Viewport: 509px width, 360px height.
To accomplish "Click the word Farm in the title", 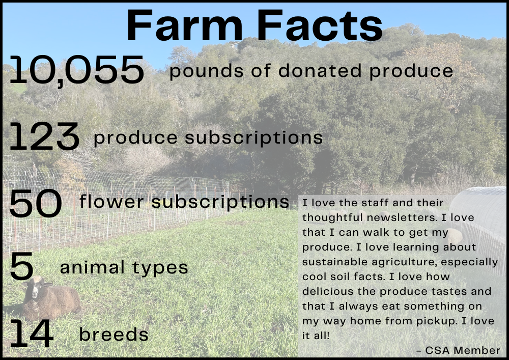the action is [185, 25].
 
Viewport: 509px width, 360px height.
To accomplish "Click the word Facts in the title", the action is [320, 25].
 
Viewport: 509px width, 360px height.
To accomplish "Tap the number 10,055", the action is [77, 70].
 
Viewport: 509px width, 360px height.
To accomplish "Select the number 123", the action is [44, 136].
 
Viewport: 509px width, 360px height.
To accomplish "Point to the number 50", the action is [36, 203].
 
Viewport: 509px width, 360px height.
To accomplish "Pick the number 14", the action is [32, 334].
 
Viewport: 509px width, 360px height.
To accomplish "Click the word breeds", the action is [114, 334].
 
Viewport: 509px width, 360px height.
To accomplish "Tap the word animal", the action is [92, 267].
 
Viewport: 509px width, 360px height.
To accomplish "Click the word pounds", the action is [206, 71].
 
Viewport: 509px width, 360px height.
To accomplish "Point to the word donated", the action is [320, 70].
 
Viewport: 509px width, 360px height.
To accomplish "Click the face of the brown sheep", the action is [35, 289].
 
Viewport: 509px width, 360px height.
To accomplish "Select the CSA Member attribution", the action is [458, 350].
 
